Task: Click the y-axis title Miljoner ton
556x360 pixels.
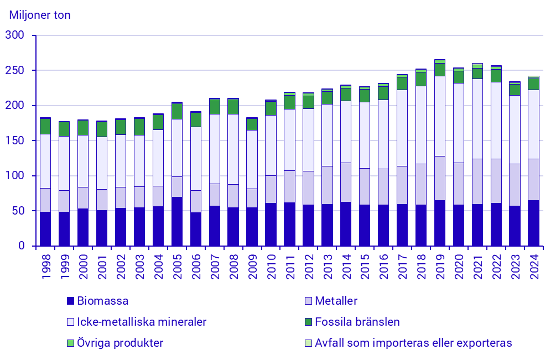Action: coord(40,15)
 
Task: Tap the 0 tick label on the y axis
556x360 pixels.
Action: coord(21,246)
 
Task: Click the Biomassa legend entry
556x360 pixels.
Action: coord(103,301)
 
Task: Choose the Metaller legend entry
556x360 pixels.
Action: coord(336,301)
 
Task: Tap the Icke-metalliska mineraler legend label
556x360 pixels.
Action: coord(142,322)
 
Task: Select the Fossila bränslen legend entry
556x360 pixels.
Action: coord(357,322)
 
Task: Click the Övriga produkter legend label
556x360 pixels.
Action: coord(120,343)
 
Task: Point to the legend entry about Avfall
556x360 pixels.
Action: coord(413,343)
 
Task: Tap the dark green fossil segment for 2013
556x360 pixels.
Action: coord(327,97)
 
